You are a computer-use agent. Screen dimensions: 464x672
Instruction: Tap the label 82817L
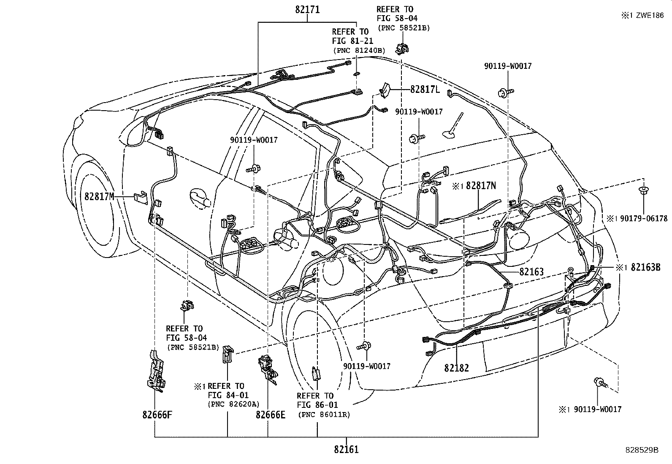425,89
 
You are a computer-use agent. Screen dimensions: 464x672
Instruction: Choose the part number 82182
456,368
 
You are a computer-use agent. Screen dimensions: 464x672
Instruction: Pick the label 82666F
157,414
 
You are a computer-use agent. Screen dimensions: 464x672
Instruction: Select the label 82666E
270,415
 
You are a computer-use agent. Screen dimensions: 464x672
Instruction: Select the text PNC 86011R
324,415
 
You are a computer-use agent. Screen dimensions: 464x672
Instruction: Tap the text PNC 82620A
233,404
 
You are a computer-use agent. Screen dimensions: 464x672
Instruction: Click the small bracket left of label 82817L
385,90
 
